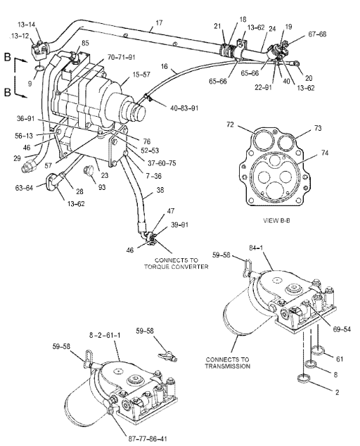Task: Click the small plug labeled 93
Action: (88, 171)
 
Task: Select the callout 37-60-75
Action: (141, 162)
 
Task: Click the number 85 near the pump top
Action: (85, 43)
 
